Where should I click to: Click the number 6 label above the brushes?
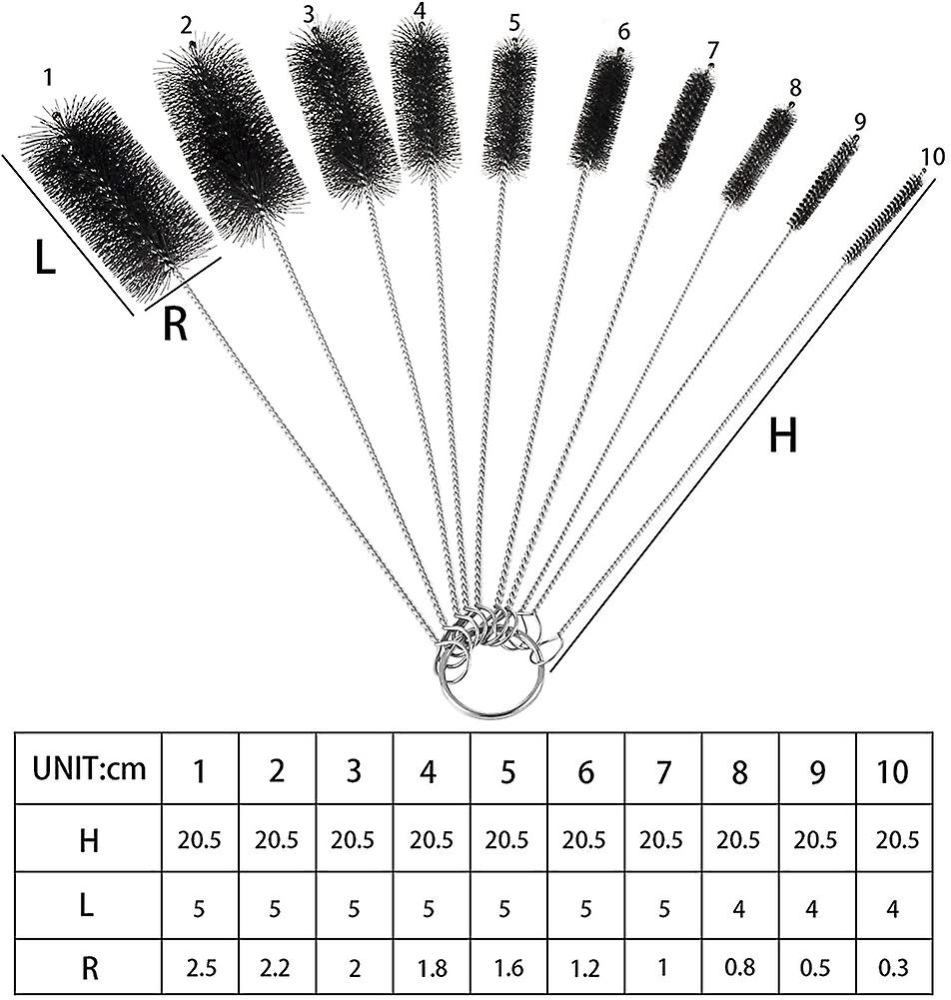(x=623, y=31)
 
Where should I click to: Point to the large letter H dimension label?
(x=783, y=436)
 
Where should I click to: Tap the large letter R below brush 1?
(x=176, y=324)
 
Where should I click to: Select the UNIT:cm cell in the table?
(x=89, y=769)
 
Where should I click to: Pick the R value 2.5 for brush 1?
(x=200, y=968)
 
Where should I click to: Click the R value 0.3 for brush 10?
(x=893, y=968)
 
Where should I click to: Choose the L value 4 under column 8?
(x=738, y=907)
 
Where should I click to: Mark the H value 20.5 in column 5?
(x=506, y=840)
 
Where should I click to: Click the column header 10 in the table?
(x=892, y=771)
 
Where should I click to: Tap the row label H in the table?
(x=89, y=840)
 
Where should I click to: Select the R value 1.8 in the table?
(x=432, y=968)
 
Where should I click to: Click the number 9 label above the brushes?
(x=859, y=121)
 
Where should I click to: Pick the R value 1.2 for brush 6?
(x=585, y=968)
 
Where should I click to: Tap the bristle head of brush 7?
(x=681, y=128)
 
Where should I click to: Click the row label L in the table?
(x=87, y=907)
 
